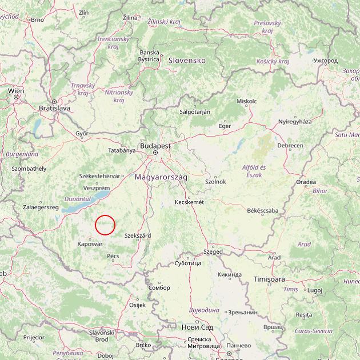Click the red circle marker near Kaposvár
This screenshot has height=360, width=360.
[x=105, y=225]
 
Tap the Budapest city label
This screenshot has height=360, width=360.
[x=155, y=146]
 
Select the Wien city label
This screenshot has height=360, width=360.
[x=16, y=90]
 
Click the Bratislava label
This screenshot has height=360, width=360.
[x=54, y=107]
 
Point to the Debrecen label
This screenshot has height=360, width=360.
[x=290, y=146]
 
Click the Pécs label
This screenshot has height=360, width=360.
[x=113, y=256]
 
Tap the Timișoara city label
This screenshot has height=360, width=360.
[x=269, y=279]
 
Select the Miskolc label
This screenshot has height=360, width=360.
[x=246, y=101]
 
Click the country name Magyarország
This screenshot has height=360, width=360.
[x=161, y=178]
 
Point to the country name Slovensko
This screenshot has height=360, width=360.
[x=186, y=60]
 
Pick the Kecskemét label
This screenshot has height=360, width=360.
[x=189, y=202]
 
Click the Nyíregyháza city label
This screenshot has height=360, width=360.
[x=295, y=122]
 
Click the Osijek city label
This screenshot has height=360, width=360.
[x=138, y=305]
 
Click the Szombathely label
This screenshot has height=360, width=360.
[x=29, y=169]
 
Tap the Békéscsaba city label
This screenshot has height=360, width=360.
[x=263, y=211]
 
